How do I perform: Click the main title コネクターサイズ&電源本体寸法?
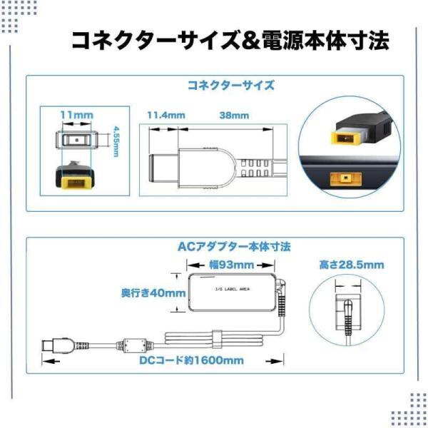230,41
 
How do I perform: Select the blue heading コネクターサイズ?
230,86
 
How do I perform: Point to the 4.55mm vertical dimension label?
116,141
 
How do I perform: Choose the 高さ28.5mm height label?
352,265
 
